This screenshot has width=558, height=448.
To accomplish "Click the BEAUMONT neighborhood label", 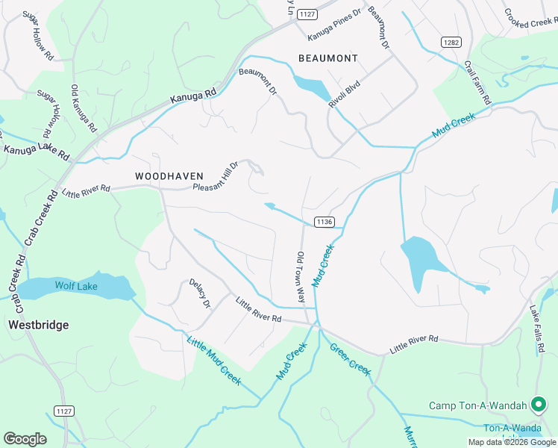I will point(328,58).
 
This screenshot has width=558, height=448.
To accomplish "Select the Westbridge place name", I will point(38,325).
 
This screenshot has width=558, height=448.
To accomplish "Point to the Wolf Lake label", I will point(76,286).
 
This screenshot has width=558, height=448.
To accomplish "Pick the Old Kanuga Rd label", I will point(84,109).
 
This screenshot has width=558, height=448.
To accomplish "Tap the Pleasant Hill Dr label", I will point(215,177).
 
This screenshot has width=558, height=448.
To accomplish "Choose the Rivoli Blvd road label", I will point(345,93).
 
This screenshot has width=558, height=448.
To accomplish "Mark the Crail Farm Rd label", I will point(477,83).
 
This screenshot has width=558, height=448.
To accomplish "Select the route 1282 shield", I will point(450,42).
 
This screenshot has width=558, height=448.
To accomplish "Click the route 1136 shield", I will point(323,222).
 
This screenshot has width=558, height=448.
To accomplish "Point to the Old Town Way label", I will point(300,277).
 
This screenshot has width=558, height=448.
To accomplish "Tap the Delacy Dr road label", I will point(200,293).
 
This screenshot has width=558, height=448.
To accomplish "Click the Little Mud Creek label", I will point(213,361).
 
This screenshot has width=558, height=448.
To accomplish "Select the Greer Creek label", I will point(351,359).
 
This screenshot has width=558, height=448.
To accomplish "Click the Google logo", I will point(25,439).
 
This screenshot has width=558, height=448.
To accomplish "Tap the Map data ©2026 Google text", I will point(511,442).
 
